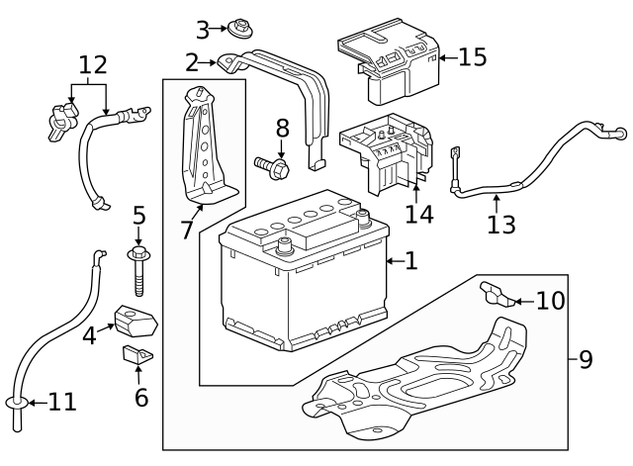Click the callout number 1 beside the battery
[x=411, y=261]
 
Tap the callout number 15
[x=473, y=57]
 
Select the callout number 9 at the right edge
[x=586, y=359]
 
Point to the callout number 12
[x=92, y=66]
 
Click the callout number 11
[x=61, y=402]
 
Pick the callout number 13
[x=500, y=225]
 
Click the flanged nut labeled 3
[x=236, y=28]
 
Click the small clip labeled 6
[x=137, y=353]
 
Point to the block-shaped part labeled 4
[x=136, y=321]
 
